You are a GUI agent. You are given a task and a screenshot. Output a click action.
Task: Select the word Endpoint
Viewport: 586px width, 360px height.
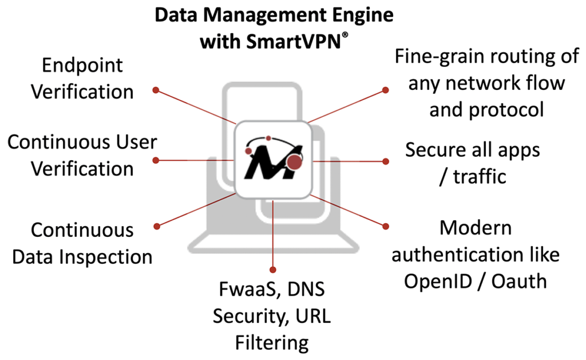coord(83,65)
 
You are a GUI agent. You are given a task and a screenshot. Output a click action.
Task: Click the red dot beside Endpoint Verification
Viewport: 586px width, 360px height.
coord(155,90)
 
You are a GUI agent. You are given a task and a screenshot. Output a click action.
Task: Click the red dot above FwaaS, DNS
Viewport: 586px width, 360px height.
coord(273,269)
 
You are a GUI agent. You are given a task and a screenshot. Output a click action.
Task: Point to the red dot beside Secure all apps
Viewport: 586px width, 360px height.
coord(385,161)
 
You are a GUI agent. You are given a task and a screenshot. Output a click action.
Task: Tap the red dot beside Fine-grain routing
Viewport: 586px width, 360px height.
coord(385,90)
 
